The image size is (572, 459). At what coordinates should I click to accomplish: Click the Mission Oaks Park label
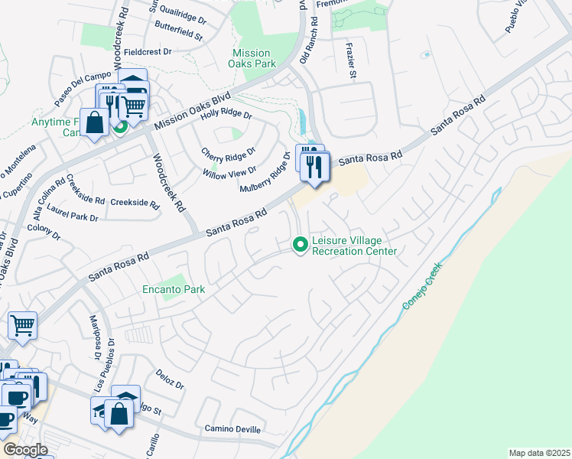(x=254, y=58)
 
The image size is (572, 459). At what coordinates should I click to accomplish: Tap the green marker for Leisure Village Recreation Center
(x=301, y=245)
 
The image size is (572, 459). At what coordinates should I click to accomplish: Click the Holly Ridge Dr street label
(x=226, y=115)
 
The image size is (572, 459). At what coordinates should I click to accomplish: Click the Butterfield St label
(x=177, y=36)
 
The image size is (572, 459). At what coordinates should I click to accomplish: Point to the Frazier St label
(x=351, y=60)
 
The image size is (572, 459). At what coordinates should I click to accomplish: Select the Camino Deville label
(x=233, y=428)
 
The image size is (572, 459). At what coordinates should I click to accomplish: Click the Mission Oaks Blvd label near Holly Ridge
(x=192, y=112)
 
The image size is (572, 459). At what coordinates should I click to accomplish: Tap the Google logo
(x=24, y=450)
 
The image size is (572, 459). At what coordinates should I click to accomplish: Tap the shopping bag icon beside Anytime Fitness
(x=94, y=123)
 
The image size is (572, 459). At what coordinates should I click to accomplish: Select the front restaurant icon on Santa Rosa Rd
(x=314, y=165)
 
